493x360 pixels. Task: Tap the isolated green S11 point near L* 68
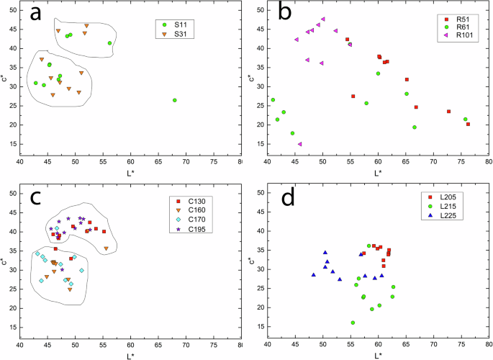[175, 100]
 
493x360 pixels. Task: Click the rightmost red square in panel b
[468, 124]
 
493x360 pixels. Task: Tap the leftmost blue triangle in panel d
[314, 274]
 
